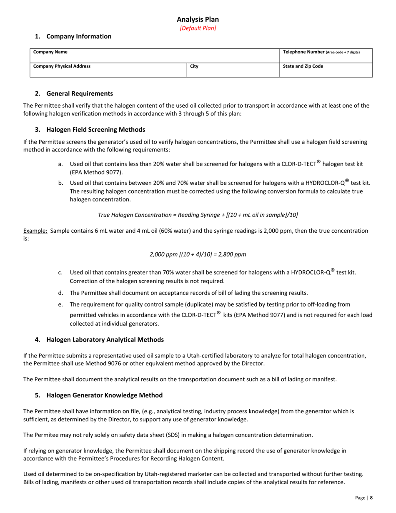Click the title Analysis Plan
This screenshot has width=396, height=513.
(198, 19)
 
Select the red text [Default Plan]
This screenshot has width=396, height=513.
(198, 28)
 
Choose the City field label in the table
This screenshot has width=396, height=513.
(194, 66)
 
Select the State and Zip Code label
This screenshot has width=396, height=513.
(303, 66)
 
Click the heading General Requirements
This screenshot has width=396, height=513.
(79, 93)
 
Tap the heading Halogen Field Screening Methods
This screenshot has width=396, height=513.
(95, 129)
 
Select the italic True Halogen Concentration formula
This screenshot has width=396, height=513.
(198, 215)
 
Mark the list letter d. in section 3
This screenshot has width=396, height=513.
(61, 293)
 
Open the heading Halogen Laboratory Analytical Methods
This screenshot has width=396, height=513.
(105, 339)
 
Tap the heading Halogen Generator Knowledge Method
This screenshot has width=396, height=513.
(104, 395)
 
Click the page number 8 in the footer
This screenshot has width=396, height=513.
(371, 498)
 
